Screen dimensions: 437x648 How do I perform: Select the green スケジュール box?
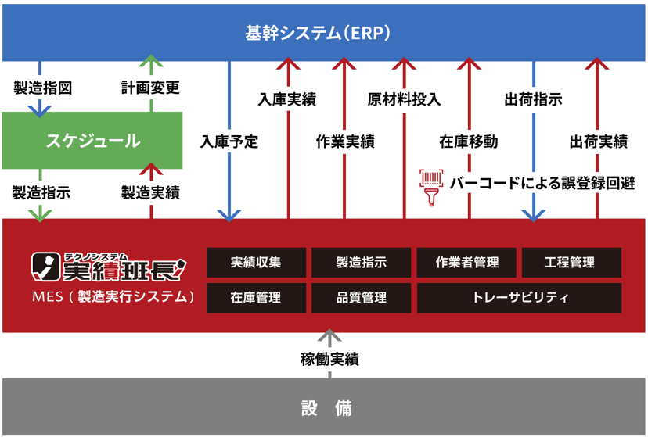tap(92, 141)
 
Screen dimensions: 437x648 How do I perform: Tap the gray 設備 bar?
tap(324, 407)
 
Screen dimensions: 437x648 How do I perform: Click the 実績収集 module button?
tap(257, 263)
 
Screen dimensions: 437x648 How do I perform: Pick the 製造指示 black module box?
tap(361, 263)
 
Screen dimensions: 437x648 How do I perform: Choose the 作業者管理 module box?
tap(466, 263)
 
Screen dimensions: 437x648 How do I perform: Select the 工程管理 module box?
tap(571, 263)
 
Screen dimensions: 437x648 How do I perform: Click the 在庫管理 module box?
tap(257, 298)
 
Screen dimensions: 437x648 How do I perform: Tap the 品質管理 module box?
tap(361, 298)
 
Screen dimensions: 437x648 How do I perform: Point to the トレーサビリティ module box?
tap(519, 298)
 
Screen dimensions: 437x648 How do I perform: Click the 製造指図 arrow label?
tap(42, 88)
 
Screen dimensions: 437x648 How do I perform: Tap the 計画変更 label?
tap(150, 88)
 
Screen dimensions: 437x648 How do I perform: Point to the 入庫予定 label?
tap(229, 142)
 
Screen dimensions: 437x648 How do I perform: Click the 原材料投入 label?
tap(404, 99)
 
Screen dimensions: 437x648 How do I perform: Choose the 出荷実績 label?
tap(598, 142)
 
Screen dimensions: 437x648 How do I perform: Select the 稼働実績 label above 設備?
tap(329, 360)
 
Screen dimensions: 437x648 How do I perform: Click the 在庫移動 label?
tap(468, 142)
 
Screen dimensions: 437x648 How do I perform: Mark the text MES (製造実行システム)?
tap(113, 297)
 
